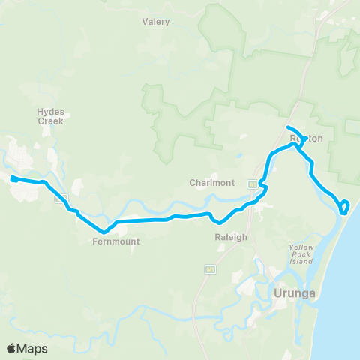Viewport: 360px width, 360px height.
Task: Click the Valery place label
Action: click(x=156, y=22)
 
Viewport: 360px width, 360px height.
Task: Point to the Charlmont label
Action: click(x=212, y=182)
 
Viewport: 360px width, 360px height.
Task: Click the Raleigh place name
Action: click(x=231, y=237)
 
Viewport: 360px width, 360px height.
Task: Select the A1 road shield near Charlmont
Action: click(x=253, y=184)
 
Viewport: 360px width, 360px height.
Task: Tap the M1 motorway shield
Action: click(x=210, y=268)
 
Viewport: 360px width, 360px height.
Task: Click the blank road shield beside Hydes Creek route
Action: click(x=61, y=198)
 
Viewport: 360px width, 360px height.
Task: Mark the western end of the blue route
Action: click(x=13, y=178)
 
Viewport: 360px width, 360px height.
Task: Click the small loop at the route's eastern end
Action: click(x=344, y=207)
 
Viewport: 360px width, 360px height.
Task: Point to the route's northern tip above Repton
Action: click(x=289, y=126)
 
